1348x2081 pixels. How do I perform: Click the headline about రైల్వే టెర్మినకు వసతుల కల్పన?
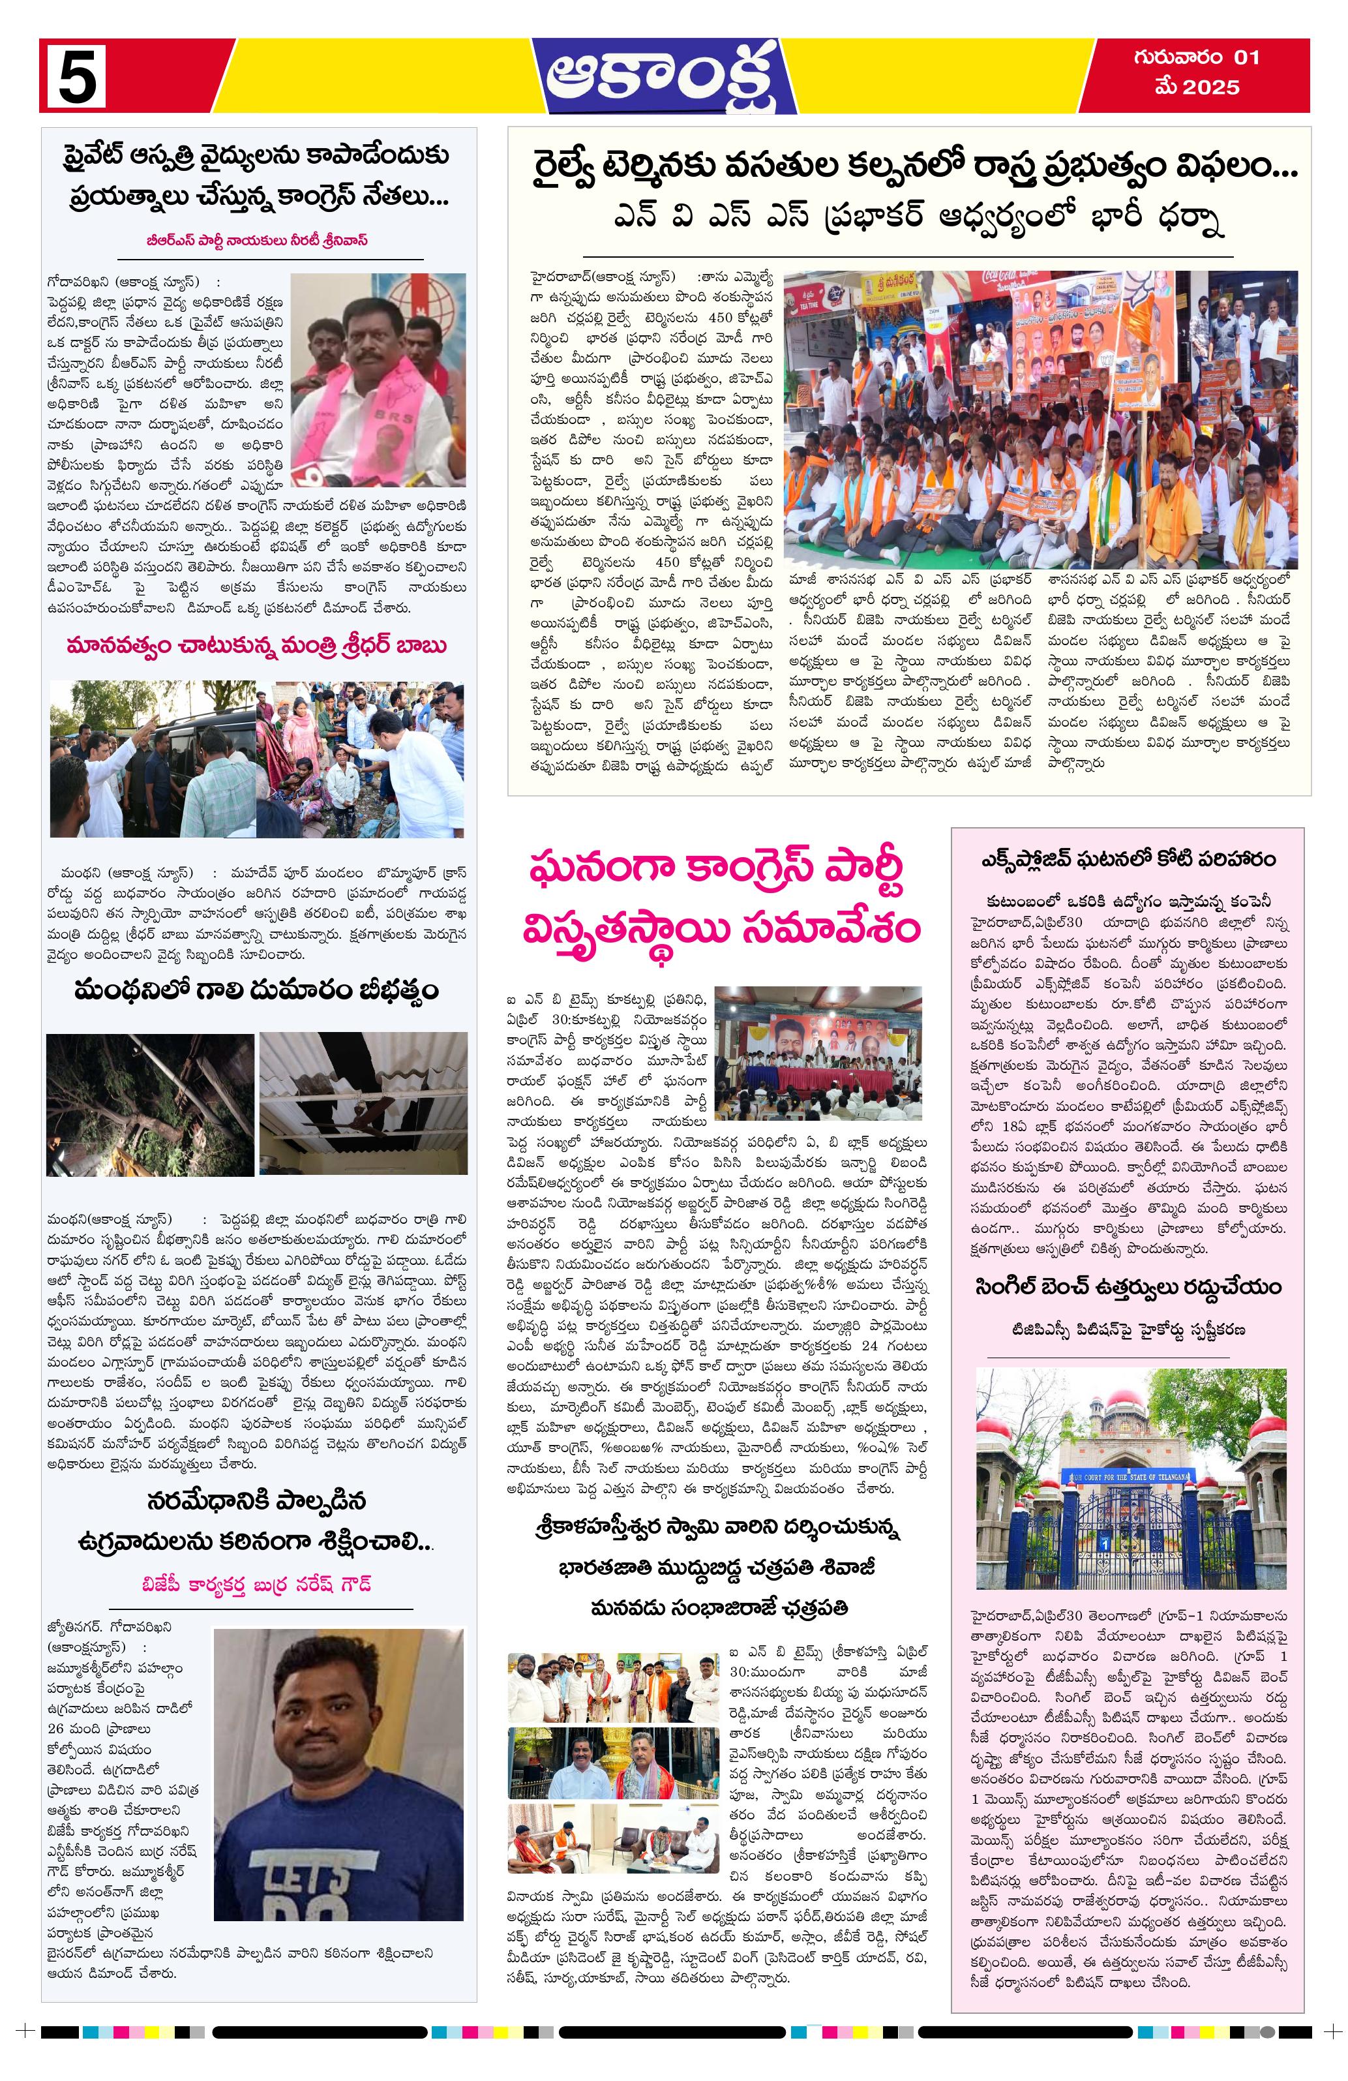[909, 167]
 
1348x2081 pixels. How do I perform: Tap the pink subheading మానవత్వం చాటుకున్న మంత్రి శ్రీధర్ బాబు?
[257, 646]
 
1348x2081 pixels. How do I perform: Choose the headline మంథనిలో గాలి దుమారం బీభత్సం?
[257, 992]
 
